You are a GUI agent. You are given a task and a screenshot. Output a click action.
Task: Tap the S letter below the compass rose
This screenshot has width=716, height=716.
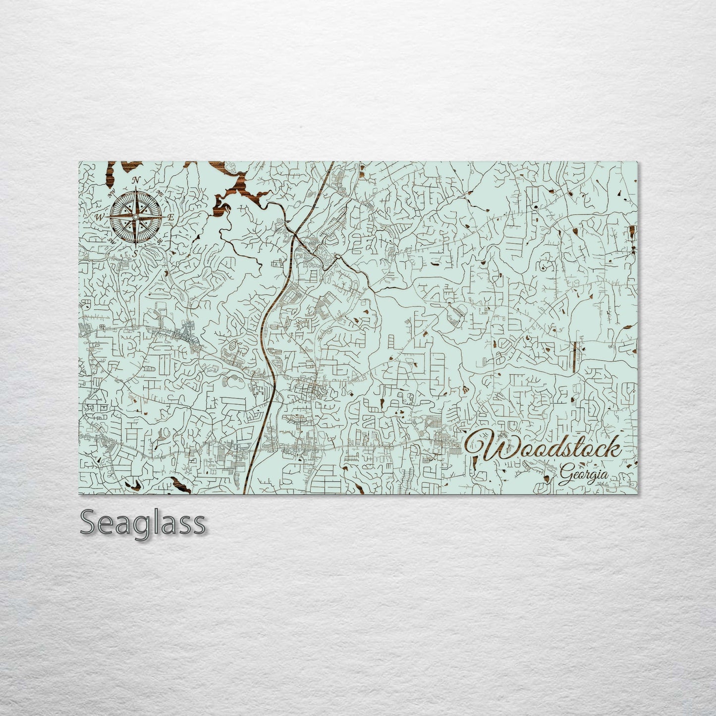pos(134,253)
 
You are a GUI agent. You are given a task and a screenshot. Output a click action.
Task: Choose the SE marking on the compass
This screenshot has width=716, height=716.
pos(160,241)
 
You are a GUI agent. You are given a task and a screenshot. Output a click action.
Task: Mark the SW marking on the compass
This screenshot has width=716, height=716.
pos(111,240)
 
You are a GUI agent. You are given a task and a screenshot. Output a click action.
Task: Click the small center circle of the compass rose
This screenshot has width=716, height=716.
pos(135,217)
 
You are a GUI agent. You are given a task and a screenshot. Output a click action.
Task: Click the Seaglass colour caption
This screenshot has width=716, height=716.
pos(143,523)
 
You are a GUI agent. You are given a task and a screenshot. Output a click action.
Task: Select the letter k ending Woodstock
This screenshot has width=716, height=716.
pos(613,447)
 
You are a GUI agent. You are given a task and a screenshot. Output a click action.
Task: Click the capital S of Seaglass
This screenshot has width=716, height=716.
pos(89,523)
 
